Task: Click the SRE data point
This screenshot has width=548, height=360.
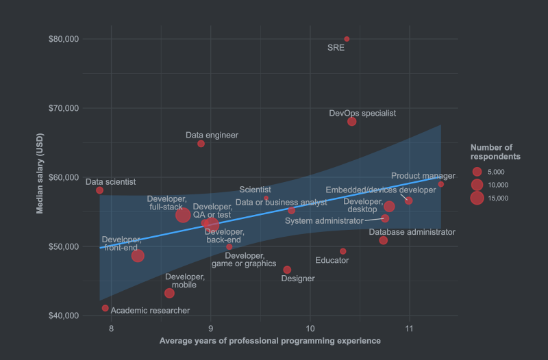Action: click(347, 39)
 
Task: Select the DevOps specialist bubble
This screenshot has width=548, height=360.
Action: click(352, 122)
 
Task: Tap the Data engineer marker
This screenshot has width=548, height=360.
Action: click(201, 144)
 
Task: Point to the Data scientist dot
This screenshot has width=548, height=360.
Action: click(99, 190)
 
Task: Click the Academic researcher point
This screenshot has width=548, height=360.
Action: click(105, 308)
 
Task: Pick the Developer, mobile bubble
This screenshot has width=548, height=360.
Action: click(169, 293)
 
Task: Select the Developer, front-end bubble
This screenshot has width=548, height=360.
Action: click(138, 256)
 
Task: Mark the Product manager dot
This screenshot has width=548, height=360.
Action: click(441, 184)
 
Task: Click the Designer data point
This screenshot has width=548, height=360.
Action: click(287, 270)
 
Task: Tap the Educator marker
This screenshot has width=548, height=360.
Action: click(343, 251)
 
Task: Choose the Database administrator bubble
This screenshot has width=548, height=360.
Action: click(383, 240)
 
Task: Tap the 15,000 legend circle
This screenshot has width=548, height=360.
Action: click(477, 198)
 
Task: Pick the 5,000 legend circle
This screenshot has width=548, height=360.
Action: click(477, 171)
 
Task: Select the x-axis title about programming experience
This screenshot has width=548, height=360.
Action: click(270, 340)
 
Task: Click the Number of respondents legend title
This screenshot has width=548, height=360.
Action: click(495, 152)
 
